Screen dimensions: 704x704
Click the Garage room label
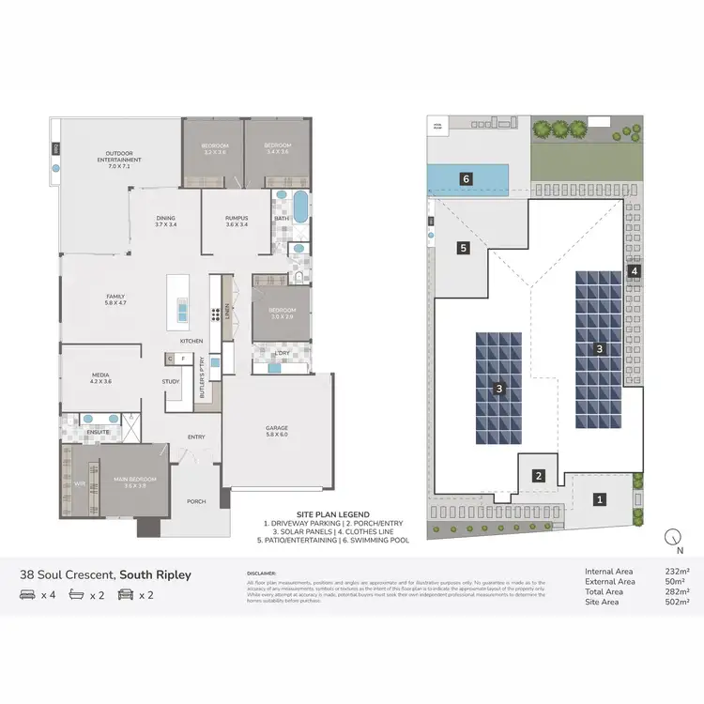276,431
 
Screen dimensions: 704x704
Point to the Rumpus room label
237,222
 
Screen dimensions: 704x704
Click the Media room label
100,378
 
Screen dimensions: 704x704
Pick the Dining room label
166,222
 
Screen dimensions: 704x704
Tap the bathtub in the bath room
300,207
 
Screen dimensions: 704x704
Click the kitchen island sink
182,308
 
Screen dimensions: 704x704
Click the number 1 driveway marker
600,499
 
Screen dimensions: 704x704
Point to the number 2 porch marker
539,476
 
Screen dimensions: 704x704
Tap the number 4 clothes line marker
635,271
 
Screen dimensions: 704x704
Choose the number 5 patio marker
464,248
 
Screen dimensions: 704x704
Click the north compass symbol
672,538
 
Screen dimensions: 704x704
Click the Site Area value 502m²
676,603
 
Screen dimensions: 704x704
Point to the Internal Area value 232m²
676,572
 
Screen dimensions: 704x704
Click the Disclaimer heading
262,572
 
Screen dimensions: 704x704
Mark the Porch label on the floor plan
196,501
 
